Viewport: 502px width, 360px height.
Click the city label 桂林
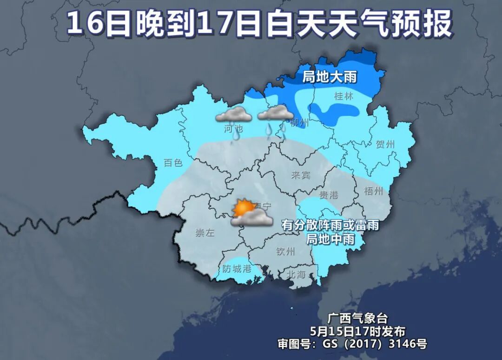[344, 97]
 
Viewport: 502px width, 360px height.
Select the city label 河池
[233, 128]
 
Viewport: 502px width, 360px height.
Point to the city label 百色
[173, 163]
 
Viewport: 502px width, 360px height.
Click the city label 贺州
[385, 145]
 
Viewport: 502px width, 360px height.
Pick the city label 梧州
[374, 191]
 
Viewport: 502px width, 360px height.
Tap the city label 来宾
[300, 175]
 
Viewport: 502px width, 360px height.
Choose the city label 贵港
[329, 195]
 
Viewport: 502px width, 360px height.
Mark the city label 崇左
[205, 233]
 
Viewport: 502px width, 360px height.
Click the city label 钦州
[285, 252]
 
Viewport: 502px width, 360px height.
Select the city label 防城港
[237, 268]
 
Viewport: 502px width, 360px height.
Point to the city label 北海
[296, 274]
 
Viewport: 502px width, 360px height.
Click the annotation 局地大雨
[330, 77]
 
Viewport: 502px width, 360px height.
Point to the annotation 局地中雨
[330, 239]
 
